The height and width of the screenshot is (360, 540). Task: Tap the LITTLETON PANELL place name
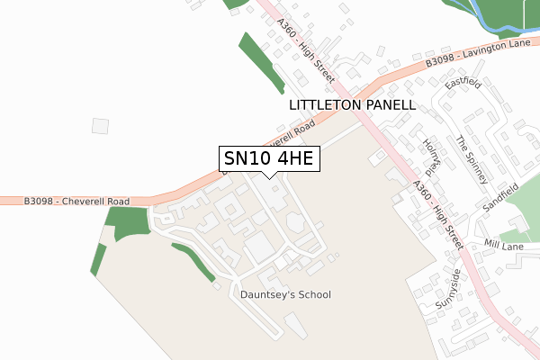point(352,105)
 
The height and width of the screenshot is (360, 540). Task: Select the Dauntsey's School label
point(285,294)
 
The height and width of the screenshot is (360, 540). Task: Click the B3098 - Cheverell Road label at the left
point(77,201)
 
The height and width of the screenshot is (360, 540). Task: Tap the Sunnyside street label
point(447,289)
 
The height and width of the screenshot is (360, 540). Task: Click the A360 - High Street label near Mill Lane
point(438,213)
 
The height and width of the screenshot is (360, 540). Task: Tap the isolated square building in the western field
point(100,126)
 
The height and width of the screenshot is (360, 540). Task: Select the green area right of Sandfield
point(525,198)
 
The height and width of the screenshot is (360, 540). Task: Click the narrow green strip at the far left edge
point(98,258)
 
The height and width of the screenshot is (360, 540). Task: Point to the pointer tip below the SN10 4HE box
point(267,179)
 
